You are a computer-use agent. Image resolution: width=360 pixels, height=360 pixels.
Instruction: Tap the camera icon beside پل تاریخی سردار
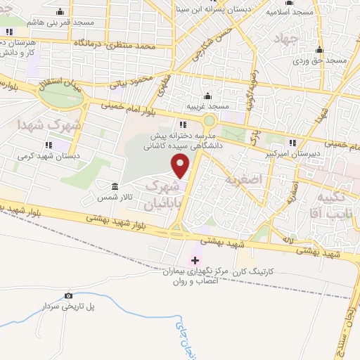[68, 296]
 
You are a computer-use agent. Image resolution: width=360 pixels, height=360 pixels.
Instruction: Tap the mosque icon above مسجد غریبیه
[207, 97]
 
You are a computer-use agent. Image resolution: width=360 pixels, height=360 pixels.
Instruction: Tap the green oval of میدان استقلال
[60, 98]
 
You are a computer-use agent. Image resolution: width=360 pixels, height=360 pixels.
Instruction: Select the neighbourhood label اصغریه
[243, 179]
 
